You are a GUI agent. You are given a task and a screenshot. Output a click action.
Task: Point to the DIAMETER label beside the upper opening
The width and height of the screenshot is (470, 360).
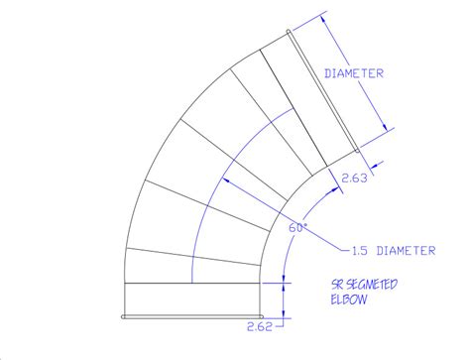[x=354, y=73]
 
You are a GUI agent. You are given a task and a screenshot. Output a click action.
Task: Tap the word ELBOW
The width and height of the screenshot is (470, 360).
[x=350, y=297]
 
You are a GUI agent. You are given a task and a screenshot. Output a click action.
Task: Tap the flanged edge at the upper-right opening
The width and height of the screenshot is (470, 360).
[x=324, y=87]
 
